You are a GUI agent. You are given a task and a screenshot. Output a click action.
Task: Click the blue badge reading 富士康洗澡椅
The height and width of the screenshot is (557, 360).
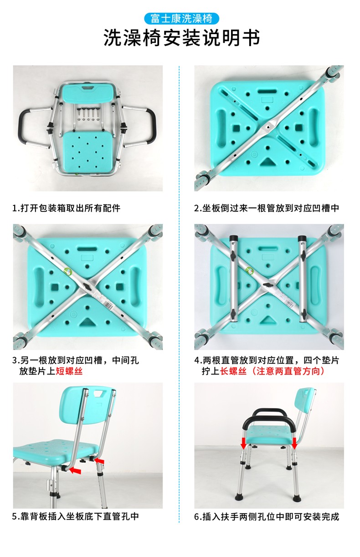181,19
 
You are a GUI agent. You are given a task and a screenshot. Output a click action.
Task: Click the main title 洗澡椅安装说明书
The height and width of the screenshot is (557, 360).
182,38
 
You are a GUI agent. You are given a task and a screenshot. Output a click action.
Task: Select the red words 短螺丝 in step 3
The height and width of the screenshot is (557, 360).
69,371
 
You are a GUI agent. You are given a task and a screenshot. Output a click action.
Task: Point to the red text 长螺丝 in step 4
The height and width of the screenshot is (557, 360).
233,371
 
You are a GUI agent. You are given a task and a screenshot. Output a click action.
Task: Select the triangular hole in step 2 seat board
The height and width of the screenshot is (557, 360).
267,162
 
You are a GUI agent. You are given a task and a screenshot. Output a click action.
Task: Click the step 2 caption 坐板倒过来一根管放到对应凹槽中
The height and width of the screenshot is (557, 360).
267,208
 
